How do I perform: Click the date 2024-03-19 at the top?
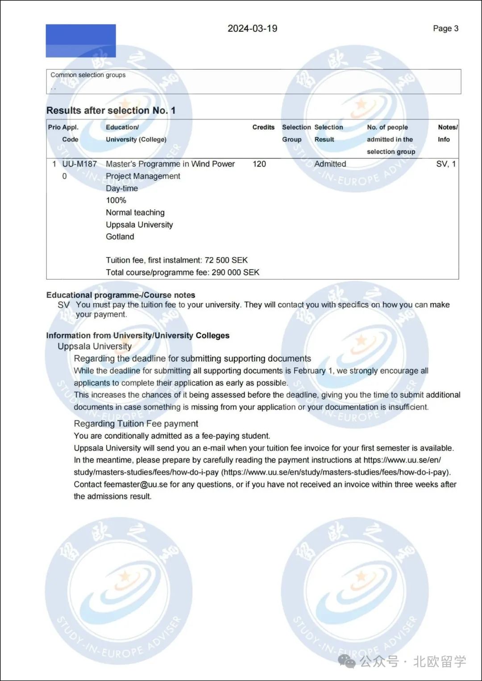click(x=252, y=29)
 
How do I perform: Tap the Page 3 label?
click(x=445, y=29)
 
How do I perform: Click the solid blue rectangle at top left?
click(x=81, y=41)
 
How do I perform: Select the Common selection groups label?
click(x=88, y=75)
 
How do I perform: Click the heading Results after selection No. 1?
click(x=111, y=110)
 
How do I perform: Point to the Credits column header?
click(x=263, y=127)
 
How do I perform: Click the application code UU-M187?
click(x=79, y=164)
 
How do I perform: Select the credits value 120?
click(x=259, y=164)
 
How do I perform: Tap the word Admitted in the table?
click(x=330, y=164)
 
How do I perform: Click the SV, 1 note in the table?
click(x=446, y=164)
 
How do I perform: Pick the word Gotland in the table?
click(x=120, y=237)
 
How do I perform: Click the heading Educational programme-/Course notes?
click(x=120, y=295)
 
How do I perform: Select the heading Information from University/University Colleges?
click(x=137, y=336)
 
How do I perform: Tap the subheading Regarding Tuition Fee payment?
click(x=136, y=424)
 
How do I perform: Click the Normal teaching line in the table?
click(x=135, y=212)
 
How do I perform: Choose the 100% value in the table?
click(x=116, y=200)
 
